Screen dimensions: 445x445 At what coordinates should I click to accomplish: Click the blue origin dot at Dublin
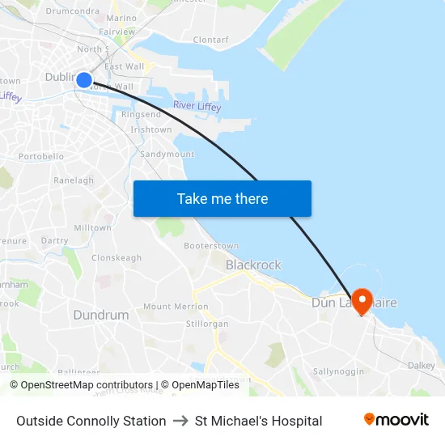click(x=84, y=79)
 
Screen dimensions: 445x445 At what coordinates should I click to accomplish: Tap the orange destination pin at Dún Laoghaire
click(x=361, y=301)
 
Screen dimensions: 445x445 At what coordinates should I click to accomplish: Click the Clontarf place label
click(x=211, y=39)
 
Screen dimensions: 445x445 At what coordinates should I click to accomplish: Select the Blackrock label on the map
click(x=253, y=265)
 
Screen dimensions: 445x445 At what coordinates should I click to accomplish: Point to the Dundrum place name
click(x=101, y=315)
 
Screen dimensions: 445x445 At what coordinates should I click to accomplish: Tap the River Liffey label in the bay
click(x=197, y=107)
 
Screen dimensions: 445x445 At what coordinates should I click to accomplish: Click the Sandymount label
click(x=167, y=154)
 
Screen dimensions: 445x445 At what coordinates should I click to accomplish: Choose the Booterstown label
click(x=211, y=245)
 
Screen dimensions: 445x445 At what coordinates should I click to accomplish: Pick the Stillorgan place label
click(x=207, y=324)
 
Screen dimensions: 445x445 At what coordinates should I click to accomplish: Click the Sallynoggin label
click(x=340, y=371)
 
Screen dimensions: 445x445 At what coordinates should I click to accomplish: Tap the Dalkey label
click(x=422, y=366)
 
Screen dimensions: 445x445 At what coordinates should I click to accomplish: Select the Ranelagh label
click(x=74, y=180)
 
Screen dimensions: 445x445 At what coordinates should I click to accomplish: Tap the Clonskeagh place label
click(x=117, y=258)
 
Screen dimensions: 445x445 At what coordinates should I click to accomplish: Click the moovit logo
click(x=396, y=420)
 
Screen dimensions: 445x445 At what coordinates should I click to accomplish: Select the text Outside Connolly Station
click(x=91, y=421)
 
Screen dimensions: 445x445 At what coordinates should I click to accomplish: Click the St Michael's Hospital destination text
click(x=258, y=421)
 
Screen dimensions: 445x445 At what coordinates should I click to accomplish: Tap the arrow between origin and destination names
click(x=180, y=421)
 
